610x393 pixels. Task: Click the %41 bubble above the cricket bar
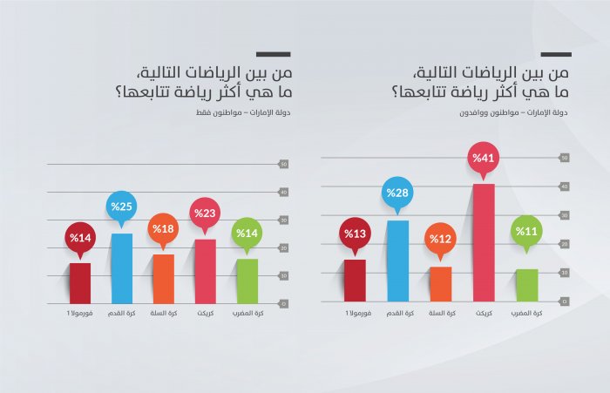point(482,159)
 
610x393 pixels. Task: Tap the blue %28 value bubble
point(396,193)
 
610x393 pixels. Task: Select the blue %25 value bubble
point(119,207)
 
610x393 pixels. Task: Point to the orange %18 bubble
point(163,228)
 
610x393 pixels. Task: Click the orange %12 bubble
point(440,239)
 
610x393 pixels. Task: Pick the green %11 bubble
point(525,231)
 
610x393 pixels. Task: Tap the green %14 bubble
point(247,233)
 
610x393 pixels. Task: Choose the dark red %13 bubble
point(355,234)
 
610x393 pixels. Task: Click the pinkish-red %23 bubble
point(205,213)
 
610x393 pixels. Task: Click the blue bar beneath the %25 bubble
point(121,268)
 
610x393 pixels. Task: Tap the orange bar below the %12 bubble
point(440,284)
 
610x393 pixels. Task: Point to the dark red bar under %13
point(355,281)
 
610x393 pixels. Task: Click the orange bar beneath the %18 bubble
point(164,278)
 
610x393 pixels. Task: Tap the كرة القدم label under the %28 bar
point(397,313)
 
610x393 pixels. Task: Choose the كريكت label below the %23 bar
point(206,313)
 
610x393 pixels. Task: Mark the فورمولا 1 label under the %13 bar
point(355,313)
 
